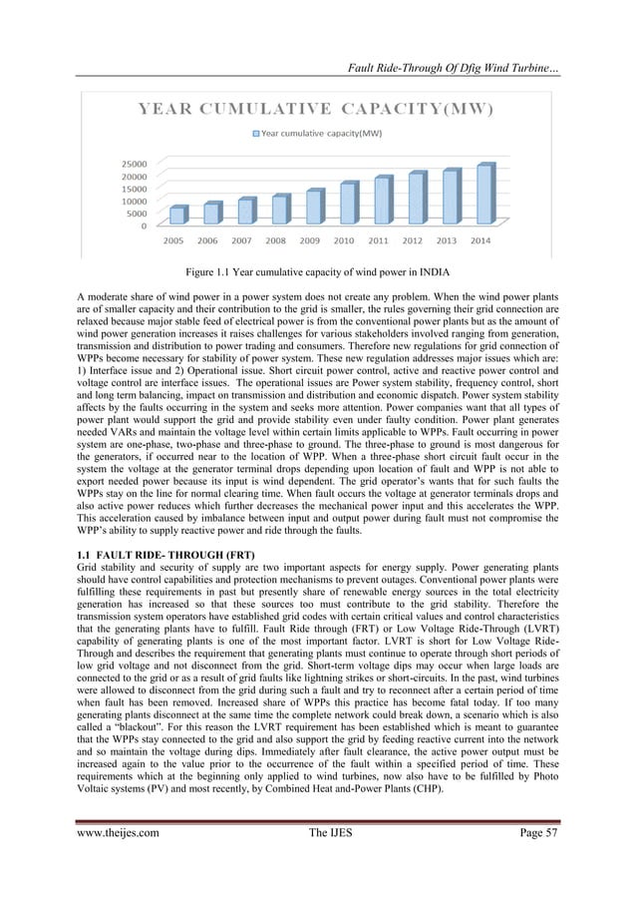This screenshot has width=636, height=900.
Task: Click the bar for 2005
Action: tap(177, 215)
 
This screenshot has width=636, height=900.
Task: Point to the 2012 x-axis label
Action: tap(412, 240)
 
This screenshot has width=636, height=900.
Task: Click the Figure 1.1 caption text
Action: tap(317, 272)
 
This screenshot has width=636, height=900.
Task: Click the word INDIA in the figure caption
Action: tap(429, 272)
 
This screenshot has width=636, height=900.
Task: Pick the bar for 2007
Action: tap(246, 211)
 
